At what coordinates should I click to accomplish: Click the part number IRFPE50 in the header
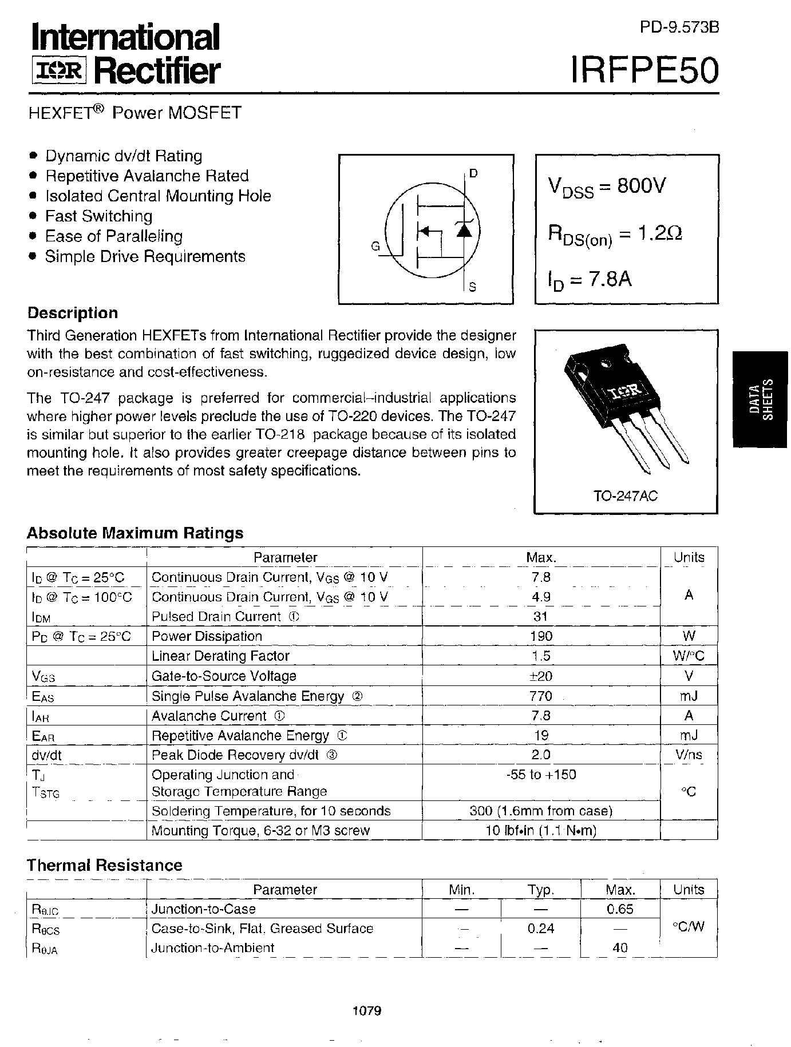tap(644, 71)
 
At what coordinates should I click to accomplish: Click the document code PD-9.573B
tap(679, 28)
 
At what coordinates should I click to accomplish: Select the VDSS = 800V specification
tap(607, 187)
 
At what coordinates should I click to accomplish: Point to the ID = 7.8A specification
tap(590, 280)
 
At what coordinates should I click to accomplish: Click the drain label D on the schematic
tap(473, 173)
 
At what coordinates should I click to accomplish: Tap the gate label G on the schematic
tap(375, 247)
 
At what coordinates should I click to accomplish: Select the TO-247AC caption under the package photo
tap(626, 496)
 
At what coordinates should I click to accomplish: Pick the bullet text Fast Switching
tap(98, 216)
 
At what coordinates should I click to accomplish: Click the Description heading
tap(73, 313)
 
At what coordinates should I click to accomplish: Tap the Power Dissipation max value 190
tap(541, 636)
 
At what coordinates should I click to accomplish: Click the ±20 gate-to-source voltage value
tap(541, 676)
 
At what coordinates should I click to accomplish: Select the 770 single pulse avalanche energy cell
tap(541, 696)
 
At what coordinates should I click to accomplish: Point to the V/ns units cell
tap(689, 755)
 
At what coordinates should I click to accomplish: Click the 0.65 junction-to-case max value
tap(620, 909)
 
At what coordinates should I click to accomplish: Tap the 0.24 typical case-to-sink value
tap(541, 928)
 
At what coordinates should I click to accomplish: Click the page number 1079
tap(367, 1010)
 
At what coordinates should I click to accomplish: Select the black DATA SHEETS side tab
tap(761, 399)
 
